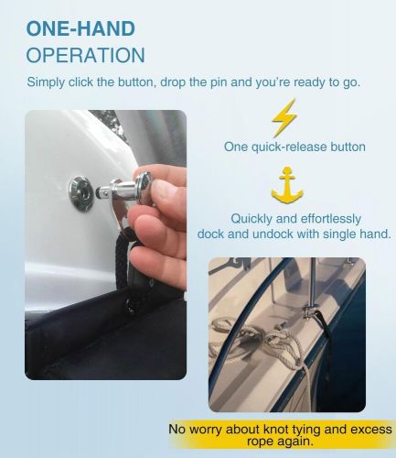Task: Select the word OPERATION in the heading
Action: pyautogui.click(x=86, y=55)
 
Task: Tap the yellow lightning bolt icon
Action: pyautogui.click(x=284, y=119)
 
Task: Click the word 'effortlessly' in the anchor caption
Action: pyautogui.click(x=325, y=219)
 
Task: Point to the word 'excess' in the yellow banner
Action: pyautogui.click(x=364, y=429)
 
